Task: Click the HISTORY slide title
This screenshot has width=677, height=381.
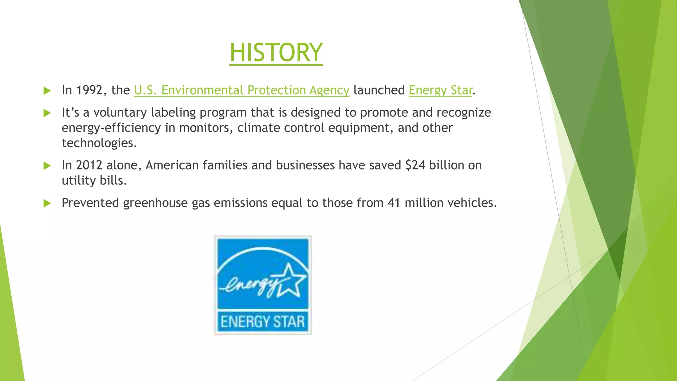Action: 276,53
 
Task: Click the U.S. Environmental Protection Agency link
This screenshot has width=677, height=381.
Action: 241,90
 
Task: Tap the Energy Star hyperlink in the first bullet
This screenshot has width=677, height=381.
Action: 440,90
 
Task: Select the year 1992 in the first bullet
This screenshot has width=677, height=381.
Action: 89,90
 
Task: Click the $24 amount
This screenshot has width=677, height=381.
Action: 415,165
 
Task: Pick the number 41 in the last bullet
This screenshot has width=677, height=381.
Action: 394,203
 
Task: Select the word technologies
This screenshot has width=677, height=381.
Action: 99,143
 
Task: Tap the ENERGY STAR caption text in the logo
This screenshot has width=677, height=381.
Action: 262,322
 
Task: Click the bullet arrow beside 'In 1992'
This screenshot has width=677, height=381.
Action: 47,91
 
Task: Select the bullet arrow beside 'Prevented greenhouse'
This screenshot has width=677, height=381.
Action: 47,203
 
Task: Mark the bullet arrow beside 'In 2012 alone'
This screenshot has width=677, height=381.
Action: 47,166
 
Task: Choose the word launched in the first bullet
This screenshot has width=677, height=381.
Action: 379,90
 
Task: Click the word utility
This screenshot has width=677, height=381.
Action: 78,181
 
